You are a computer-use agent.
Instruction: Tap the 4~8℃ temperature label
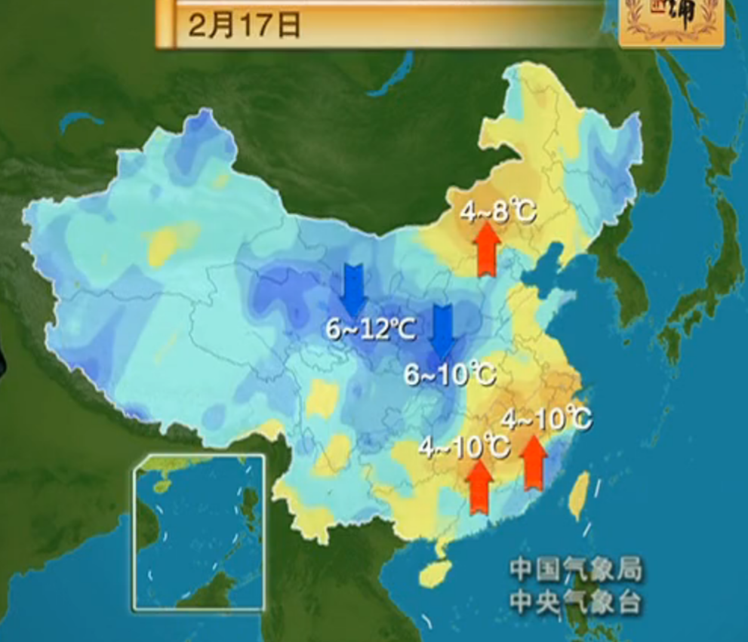pyautogui.click(x=497, y=212)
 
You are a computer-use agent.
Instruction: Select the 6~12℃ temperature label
pyautogui.click(x=370, y=329)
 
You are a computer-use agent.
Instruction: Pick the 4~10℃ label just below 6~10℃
pyautogui.click(x=464, y=447)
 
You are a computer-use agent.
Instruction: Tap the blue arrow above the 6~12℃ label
pyautogui.click(x=352, y=289)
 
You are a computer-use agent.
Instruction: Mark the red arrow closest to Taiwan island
pyautogui.click(x=534, y=462)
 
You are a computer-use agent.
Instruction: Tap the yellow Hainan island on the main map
pyautogui.click(x=434, y=573)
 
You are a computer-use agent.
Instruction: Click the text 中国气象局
pyautogui.click(x=575, y=570)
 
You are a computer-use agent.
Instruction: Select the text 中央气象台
pyautogui.click(x=575, y=602)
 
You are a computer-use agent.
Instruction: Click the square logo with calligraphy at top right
pyautogui.click(x=670, y=21)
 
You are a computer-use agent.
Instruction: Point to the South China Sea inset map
pyautogui.click(x=199, y=531)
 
